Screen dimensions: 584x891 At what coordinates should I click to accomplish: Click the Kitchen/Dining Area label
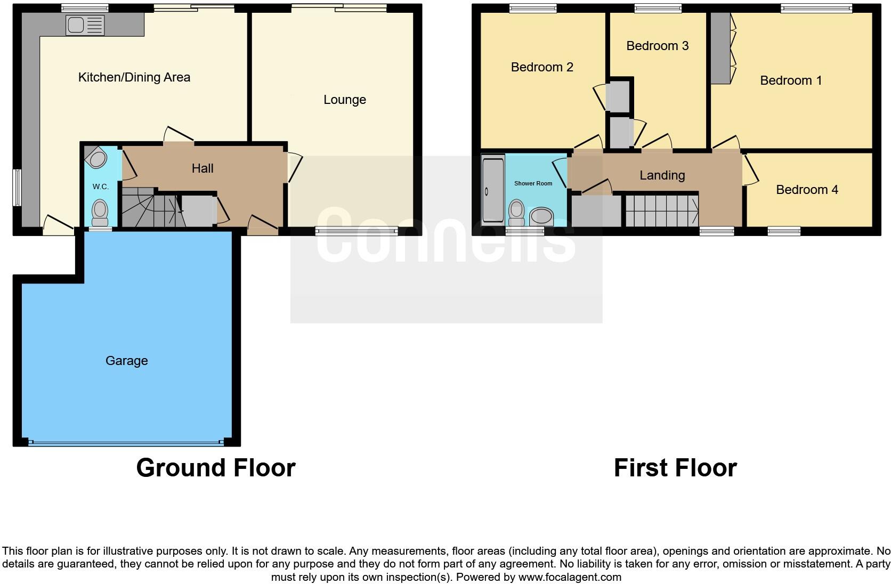134,77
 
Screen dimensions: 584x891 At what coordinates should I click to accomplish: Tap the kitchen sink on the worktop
85,25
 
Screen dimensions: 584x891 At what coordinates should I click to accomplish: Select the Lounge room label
344,100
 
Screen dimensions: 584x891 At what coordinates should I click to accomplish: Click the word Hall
203,168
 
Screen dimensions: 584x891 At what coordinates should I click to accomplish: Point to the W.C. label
100,186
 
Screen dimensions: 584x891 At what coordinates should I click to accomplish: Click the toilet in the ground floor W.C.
100,212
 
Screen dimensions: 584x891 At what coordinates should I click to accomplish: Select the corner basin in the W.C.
96,158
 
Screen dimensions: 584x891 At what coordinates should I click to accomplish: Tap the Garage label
126,361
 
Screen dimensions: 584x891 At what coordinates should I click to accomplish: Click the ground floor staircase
149,209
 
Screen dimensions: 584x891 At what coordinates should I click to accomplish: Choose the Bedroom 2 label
541,67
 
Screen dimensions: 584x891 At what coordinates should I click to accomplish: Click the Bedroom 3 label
657,46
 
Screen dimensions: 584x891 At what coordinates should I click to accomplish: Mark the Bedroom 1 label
790,80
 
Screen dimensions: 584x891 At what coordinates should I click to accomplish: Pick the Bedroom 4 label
806,190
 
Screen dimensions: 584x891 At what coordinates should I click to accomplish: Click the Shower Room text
533,183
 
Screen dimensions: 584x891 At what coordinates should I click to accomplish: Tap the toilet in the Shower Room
516,212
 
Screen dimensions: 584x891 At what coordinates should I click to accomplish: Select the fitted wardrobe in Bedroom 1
720,48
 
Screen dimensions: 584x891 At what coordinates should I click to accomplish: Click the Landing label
662,175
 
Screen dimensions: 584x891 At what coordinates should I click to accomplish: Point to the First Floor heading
675,468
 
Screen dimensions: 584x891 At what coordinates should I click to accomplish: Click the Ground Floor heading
215,468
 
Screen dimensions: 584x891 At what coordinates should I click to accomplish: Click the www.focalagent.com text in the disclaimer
570,577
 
